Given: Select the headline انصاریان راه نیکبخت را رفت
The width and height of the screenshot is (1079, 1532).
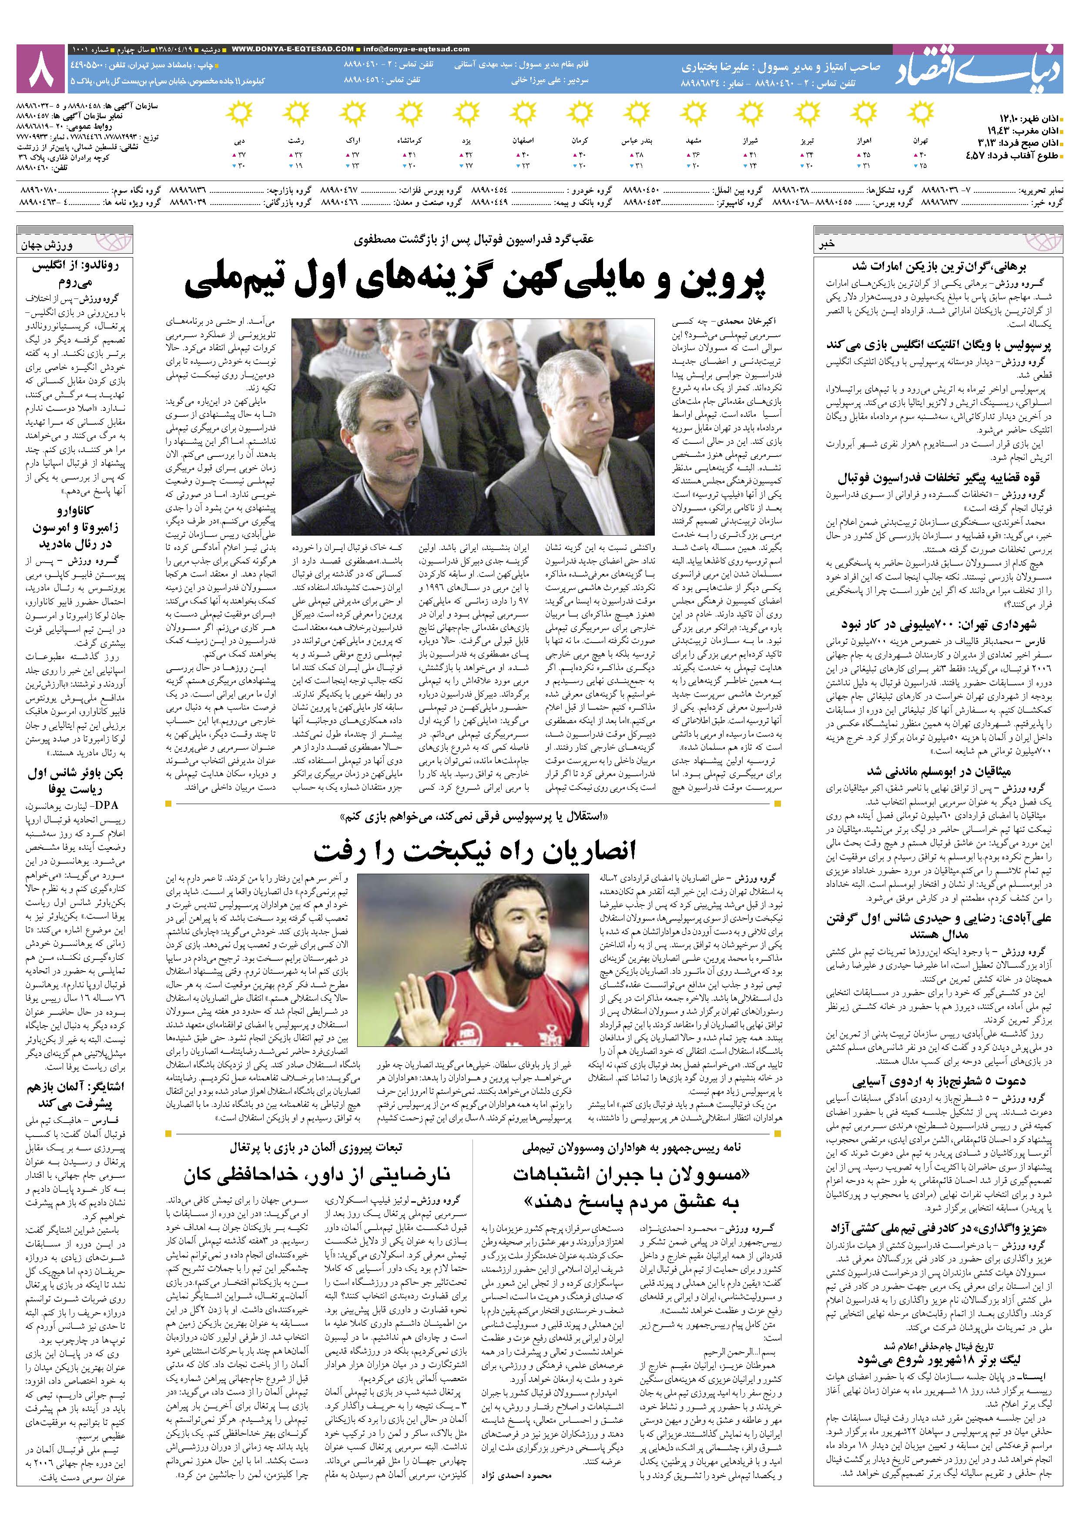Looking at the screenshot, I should [x=475, y=851].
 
